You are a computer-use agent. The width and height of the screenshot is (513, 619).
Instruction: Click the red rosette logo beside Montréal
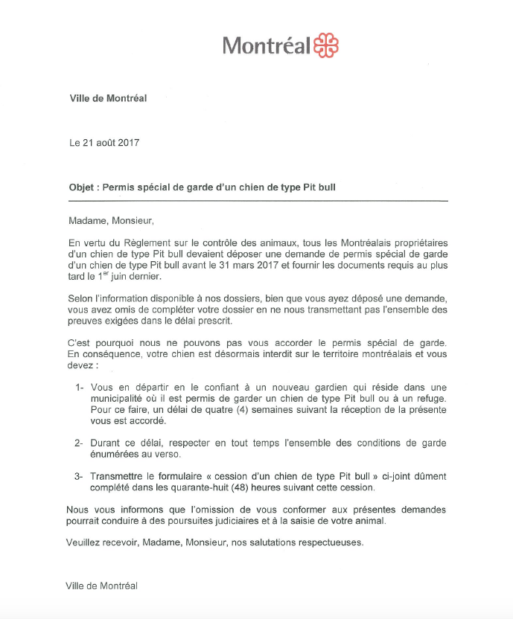325,45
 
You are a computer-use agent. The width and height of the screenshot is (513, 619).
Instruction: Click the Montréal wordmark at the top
266,46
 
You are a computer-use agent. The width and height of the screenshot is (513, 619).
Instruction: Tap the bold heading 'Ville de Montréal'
108,98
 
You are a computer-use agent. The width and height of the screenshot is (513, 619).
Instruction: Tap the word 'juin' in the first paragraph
127,276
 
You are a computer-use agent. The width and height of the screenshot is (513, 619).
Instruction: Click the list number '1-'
80,388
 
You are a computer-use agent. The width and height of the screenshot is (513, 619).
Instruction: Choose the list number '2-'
80,443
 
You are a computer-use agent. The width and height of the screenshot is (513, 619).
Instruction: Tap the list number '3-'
80,476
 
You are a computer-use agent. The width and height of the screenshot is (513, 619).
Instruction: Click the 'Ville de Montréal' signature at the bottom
103,586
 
